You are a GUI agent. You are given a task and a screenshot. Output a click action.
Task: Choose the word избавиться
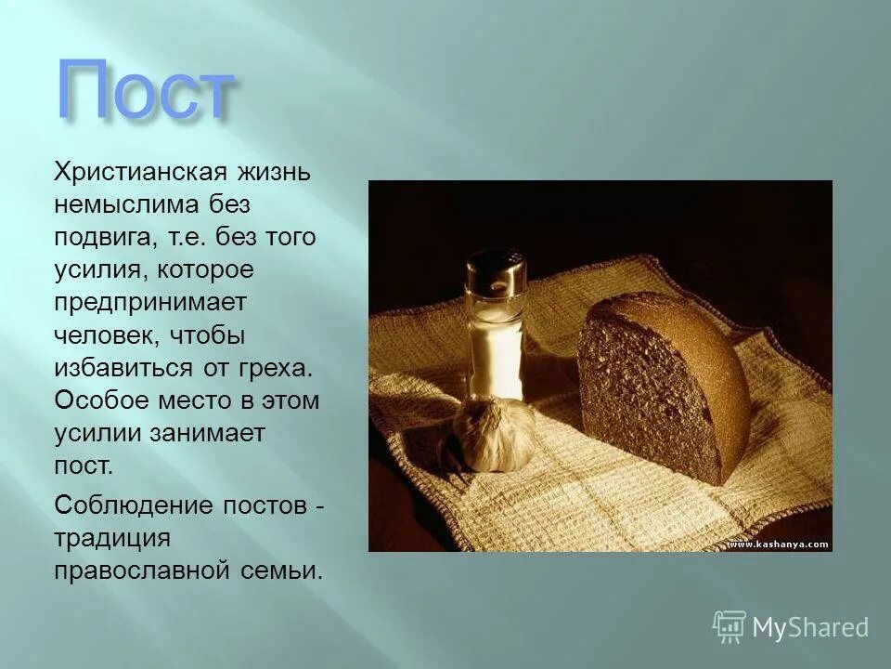click(123, 368)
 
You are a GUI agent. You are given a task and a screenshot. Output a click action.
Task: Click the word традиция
click(111, 538)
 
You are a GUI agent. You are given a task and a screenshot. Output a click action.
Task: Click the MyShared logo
click(792, 627)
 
